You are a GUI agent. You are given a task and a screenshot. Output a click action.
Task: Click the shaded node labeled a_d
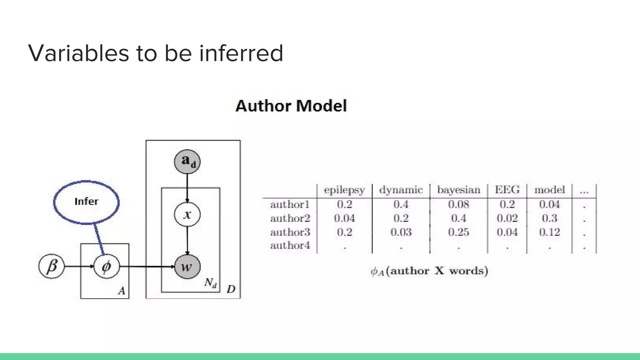point(187,162)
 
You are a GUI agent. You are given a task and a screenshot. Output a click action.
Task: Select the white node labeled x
point(187,214)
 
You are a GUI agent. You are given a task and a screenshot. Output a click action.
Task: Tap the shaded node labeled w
point(187,267)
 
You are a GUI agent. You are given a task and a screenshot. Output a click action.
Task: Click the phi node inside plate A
point(107,267)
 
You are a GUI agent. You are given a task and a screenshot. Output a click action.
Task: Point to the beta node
point(52,267)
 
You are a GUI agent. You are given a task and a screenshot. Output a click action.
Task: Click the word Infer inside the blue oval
point(86,202)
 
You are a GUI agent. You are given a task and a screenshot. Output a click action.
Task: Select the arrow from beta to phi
point(79,267)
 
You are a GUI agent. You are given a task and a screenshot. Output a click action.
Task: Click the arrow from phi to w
point(147,267)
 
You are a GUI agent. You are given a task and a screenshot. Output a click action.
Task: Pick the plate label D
point(231,289)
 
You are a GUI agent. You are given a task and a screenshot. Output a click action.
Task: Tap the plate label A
point(122,291)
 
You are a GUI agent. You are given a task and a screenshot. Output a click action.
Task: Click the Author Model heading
point(291,106)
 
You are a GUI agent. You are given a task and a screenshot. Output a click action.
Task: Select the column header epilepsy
point(344,190)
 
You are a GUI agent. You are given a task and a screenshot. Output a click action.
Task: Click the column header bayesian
point(458,190)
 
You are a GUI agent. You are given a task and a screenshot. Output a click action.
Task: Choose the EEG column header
point(507,190)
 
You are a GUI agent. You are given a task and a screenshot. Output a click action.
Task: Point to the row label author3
point(290,232)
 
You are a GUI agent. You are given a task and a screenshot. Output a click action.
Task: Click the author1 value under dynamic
point(401,204)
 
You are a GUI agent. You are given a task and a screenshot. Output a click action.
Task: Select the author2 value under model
point(549,218)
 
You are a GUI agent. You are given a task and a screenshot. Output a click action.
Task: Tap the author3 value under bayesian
point(458,232)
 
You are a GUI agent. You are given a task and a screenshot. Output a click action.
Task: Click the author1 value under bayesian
point(458,204)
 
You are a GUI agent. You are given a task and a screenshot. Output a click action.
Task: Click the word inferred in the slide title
point(241,53)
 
